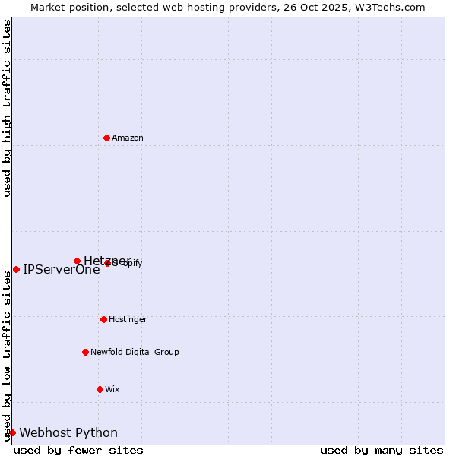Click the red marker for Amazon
click(106, 138)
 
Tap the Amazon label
click(127, 138)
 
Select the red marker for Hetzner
click(77, 261)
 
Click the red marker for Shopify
click(108, 263)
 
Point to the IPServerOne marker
click(16, 269)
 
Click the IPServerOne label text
click(61, 269)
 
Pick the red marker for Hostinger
click(103, 319)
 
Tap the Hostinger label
click(128, 320)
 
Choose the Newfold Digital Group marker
click(85, 352)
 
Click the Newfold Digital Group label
click(135, 353)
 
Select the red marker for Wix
click(100, 389)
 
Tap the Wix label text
click(112, 390)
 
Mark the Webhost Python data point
click(12, 432)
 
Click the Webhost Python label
click(68, 433)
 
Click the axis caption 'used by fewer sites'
click(78, 450)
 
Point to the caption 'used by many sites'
click(382, 450)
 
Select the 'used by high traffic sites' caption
click(7, 108)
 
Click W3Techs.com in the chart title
click(394, 7)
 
